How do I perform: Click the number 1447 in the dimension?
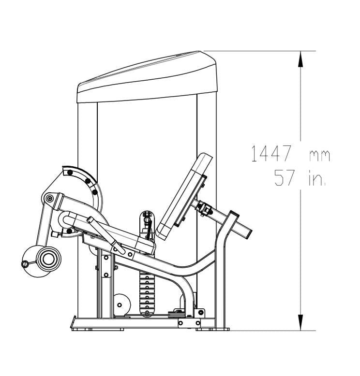pyautogui.click(x=271, y=154)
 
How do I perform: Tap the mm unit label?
pyautogui.click(x=320, y=156)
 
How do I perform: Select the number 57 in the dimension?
pyautogui.click(x=284, y=177)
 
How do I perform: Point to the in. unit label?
pyautogui.click(x=317, y=179)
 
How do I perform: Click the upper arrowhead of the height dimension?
pyautogui.click(x=300, y=59)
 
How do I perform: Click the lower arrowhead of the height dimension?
pyautogui.click(x=300, y=322)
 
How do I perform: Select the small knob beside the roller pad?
pyautogui.click(x=25, y=264)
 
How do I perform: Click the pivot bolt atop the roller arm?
pyautogui.click(x=50, y=199)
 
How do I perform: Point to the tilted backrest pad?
pyautogui.click(x=184, y=197)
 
